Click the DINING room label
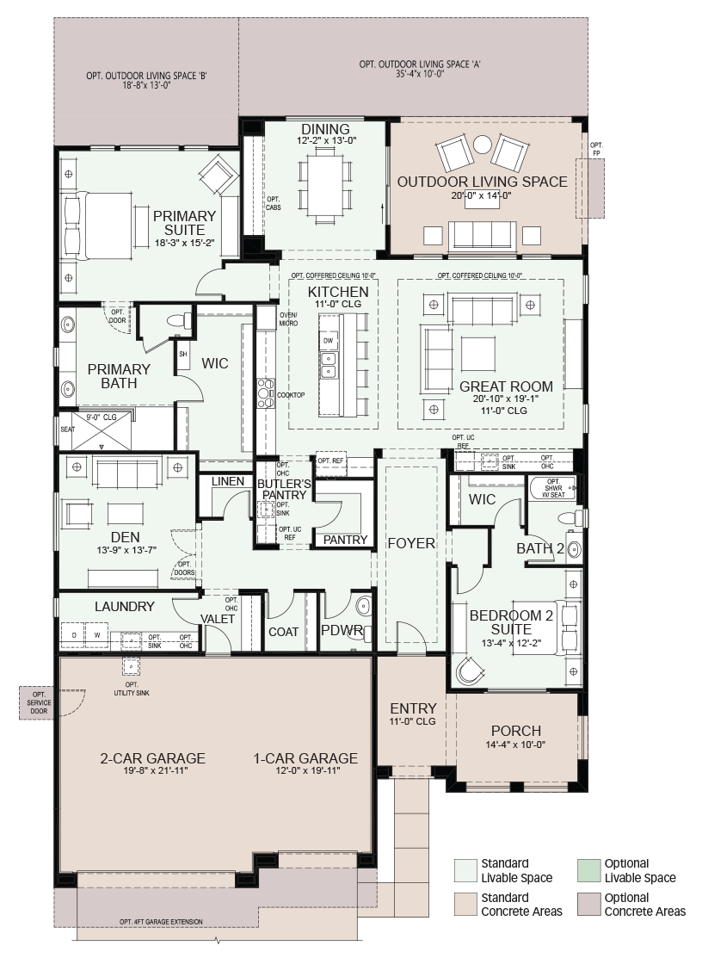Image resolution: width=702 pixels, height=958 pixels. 325,129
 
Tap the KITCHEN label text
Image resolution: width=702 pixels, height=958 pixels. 337,292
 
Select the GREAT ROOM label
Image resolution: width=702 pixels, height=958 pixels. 506,386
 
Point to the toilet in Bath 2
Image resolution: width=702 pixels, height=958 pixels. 570,518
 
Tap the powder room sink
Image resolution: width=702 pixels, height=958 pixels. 362,606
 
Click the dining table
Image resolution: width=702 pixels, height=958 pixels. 325,183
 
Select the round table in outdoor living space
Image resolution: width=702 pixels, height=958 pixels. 483,145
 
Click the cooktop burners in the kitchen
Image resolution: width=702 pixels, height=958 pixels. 266,392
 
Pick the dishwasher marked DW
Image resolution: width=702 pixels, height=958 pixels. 329,341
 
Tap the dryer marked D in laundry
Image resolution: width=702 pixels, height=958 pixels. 73,635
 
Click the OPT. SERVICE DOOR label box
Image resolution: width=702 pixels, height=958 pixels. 39,702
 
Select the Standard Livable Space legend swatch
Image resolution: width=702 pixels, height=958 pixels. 465,870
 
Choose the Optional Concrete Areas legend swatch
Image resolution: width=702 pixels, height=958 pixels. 588,905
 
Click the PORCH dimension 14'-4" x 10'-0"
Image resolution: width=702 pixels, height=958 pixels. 515,745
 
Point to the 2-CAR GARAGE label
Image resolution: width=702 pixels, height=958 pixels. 152,758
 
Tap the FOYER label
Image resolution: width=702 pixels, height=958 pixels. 411,543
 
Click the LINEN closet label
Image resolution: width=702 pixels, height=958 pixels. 228,481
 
